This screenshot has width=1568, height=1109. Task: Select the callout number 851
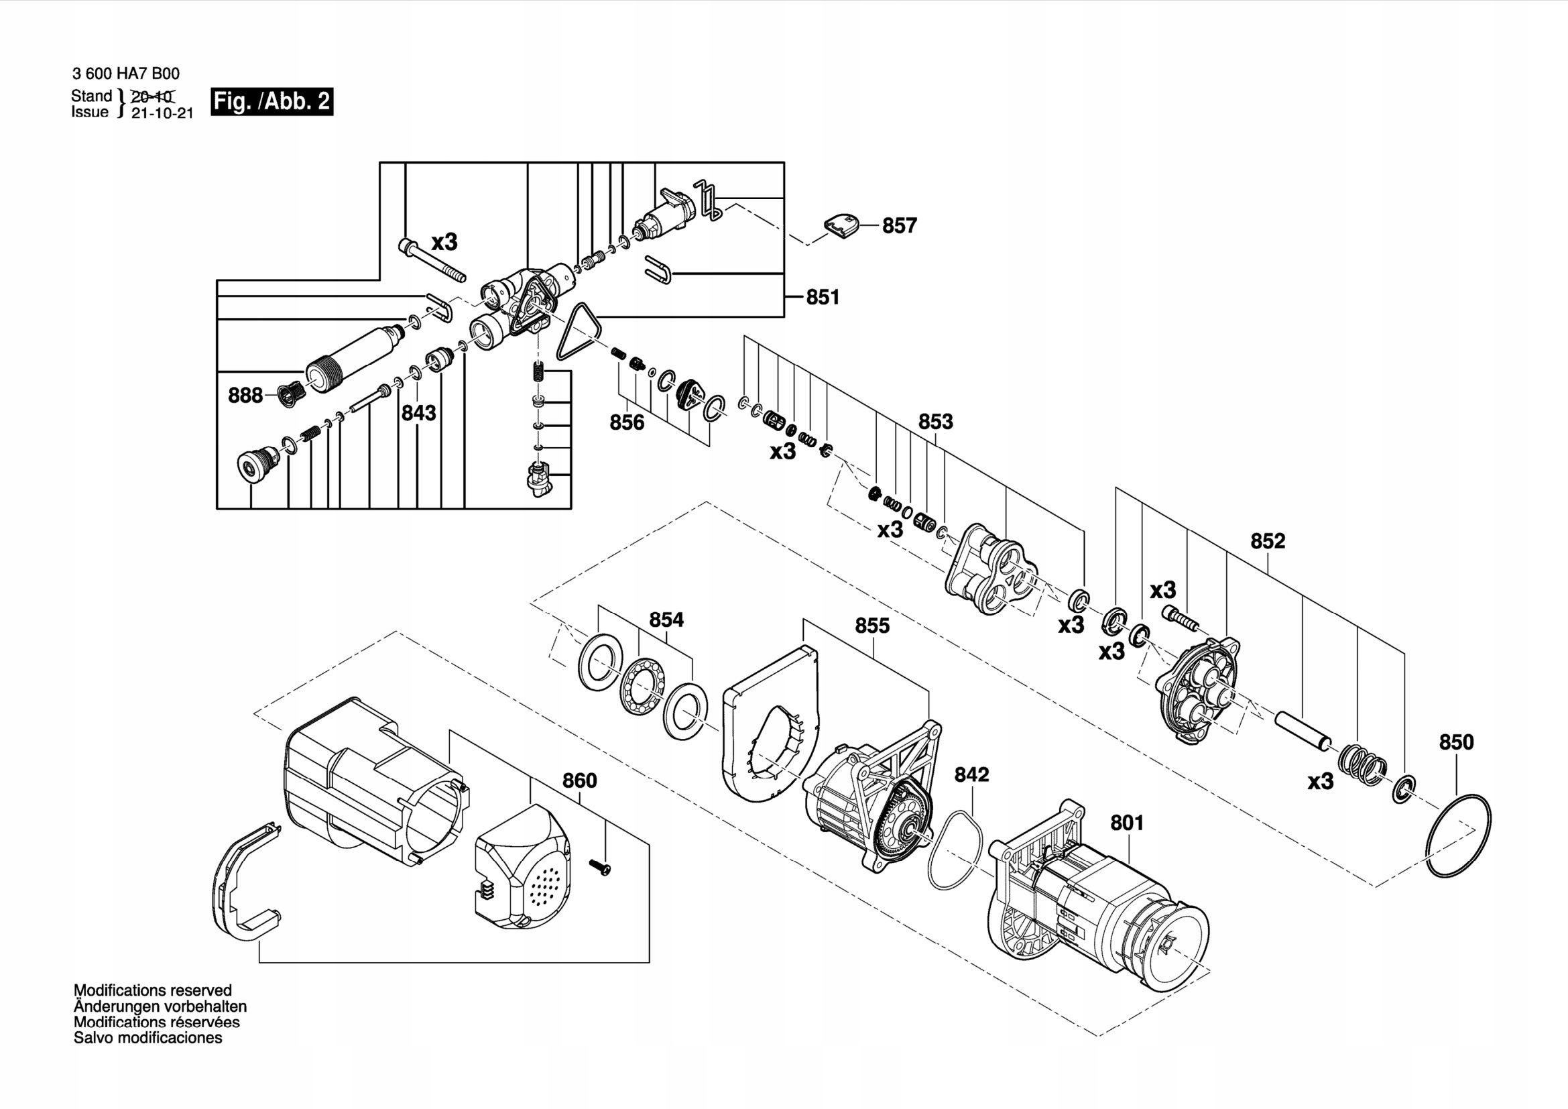pyautogui.click(x=823, y=297)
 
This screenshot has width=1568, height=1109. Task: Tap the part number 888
pyautogui.click(x=245, y=396)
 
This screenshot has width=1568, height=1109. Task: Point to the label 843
pyautogui.click(x=418, y=412)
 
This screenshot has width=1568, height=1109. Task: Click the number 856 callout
pyautogui.click(x=626, y=422)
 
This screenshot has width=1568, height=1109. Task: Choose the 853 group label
pyautogui.click(x=935, y=421)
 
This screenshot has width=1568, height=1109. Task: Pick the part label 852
pyautogui.click(x=1268, y=541)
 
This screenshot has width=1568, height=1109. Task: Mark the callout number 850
pyautogui.click(x=1456, y=742)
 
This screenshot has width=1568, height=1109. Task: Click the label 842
pyautogui.click(x=971, y=774)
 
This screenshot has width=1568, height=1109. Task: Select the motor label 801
pyautogui.click(x=1126, y=823)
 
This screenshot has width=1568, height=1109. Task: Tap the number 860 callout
pyautogui.click(x=579, y=780)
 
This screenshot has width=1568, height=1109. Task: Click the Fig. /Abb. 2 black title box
pyautogui.click(x=272, y=102)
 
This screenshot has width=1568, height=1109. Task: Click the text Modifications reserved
pyautogui.click(x=152, y=990)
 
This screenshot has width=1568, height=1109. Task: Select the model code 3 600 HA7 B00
pyautogui.click(x=125, y=74)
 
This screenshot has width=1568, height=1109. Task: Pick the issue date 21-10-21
pyautogui.click(x=162, y=114)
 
